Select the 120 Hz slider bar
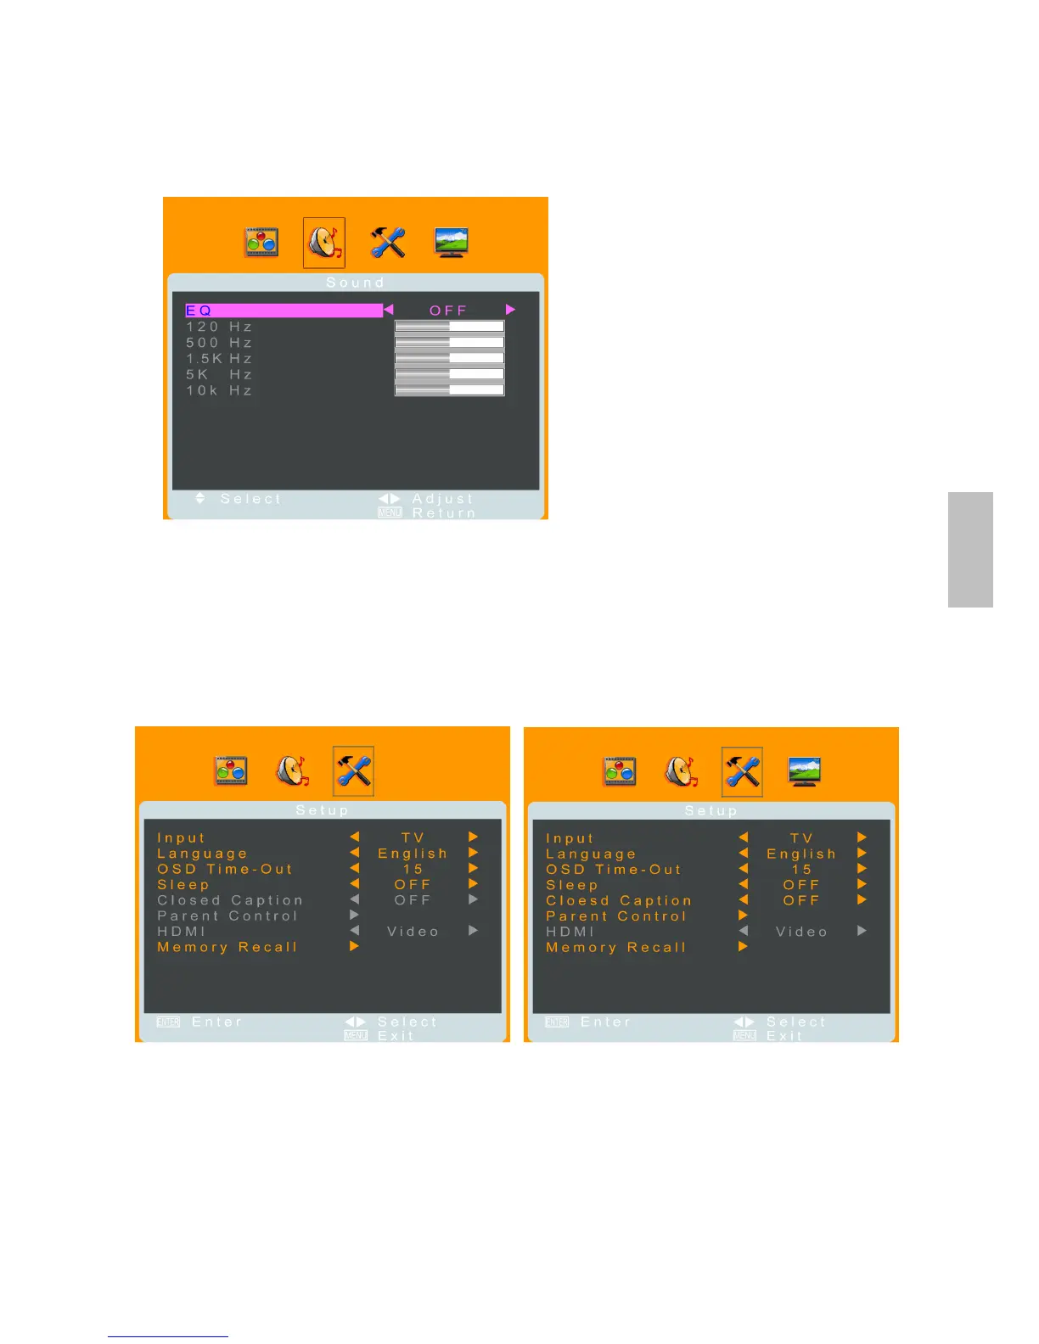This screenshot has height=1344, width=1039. pyautogui.click(x=449, y=327)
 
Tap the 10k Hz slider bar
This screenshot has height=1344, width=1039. pyautogui.click(x=449, y=390)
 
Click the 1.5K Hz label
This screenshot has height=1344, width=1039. pyautogui.click(x=219, y=359)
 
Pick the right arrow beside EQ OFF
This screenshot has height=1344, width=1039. pyautogui.click(x=510, y=310)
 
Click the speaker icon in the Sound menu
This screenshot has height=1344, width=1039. pyautogui.click(x=324, y=243)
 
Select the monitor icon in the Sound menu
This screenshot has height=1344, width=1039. pyautogui.click(x=451, y=243)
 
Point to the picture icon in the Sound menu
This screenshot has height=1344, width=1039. pyautogui.click(x=261, y=243)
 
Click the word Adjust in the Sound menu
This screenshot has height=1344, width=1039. pyautogui.click(x=442, y=499)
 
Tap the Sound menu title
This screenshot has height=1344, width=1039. pyautogui.click(x=356, y=283)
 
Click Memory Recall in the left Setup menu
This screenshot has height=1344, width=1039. pyautogui.click(x=227, y=947)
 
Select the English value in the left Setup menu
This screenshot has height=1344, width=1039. pyautogui.click(x=413, y=854)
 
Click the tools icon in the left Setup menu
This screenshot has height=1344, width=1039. pyautogui.click(x=353, y=771)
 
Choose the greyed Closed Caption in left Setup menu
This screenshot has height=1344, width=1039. pyautogui.click(x=230, y=900)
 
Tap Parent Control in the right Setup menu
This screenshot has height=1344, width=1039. pyautogui.click(x=616, y=916)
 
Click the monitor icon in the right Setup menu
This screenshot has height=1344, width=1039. pyautogui.click(x=804, y=772)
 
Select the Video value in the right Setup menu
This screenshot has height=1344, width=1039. pyautogui.click(x=801, y=932)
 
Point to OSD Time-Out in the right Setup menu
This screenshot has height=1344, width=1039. pyautogui.click(x=614, y=870)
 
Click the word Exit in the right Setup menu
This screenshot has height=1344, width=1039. pyautogui.click(x=784, y=1036)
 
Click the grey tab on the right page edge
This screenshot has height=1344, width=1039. pyautogui.click(x=970, y=550)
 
